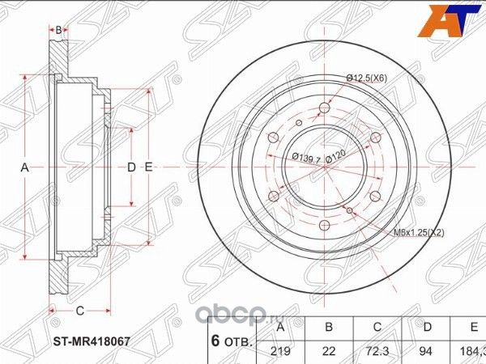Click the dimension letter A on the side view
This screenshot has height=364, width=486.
(x=24, y=167)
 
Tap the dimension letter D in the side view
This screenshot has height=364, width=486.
(x=130, y=167)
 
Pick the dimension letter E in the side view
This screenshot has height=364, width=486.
(x=149, y=167)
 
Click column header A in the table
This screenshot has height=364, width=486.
(x=280, y=327)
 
